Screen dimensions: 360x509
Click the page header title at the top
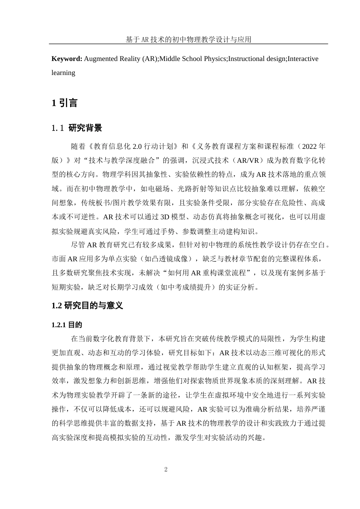[188, 39]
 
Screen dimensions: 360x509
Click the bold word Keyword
[67, 59]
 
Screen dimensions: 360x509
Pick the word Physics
[214, 59]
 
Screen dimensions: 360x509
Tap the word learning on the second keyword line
[63, 73]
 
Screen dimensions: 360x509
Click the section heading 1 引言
[64, 103]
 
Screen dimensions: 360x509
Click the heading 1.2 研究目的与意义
[87, 306]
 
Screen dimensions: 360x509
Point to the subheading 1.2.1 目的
[67, 325]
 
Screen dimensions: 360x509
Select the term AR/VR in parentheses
[247, 160]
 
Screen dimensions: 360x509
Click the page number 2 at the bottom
[166, 470]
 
